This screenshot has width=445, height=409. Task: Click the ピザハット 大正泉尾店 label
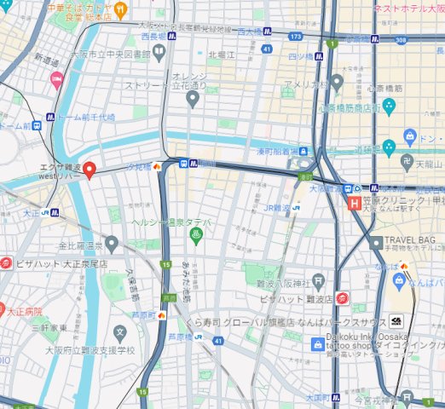click(61, 263)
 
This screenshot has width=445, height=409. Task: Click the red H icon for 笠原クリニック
click(355, 203)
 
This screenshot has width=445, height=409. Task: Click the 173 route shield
click(296, 37)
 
